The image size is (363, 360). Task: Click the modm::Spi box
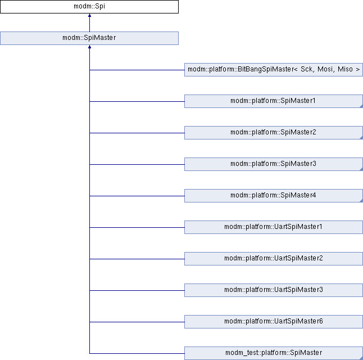[89, 7]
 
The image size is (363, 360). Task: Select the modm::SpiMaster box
[89, 38]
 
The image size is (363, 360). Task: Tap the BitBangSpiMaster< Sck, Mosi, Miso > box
[274, 70]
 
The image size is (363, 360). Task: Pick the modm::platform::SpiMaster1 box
[274, 101]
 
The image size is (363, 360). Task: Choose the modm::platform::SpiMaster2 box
[274, 133]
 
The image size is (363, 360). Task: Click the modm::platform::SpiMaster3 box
[274, 164]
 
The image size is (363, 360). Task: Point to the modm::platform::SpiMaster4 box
[274, 196]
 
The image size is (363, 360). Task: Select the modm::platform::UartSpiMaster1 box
[274, 227]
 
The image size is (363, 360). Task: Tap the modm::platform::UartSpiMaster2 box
[274, 259]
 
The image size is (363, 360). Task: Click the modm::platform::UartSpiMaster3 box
[274, 290]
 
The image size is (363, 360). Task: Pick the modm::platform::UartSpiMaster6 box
[274, 322]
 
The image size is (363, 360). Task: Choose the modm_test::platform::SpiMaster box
[274, 353]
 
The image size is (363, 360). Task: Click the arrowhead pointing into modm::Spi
[89, 15]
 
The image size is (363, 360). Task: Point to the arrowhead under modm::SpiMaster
[89, 47]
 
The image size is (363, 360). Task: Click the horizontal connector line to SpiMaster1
[137, 101]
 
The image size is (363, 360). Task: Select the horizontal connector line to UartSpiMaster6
[137, 322]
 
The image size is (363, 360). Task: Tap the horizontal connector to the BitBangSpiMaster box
[137, 70]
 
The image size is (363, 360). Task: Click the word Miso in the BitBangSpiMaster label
[345, 69]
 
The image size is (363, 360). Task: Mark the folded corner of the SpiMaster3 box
[361, 169]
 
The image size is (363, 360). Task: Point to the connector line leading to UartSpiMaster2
[137, 259]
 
